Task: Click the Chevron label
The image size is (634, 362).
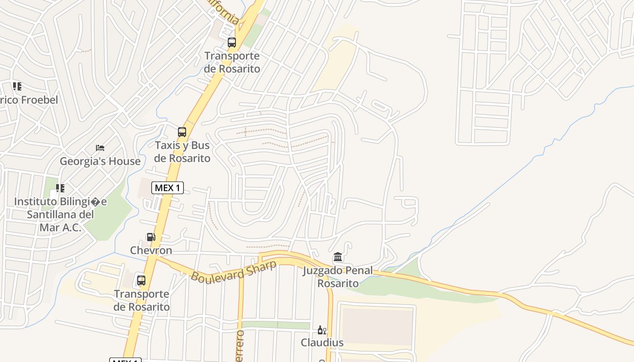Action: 151,250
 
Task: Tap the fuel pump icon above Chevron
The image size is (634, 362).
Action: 151,237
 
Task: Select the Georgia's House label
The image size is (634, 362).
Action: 100,161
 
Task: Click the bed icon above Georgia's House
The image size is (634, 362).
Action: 100,148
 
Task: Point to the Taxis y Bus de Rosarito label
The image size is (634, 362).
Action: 182,152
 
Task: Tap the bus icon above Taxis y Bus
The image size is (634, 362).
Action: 182,132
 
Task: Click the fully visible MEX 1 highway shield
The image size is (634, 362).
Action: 168,187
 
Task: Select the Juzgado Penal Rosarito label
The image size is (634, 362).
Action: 338,277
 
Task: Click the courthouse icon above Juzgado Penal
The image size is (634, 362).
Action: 338,257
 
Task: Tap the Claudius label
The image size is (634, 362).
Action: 322,343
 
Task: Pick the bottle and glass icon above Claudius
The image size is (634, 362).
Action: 322,330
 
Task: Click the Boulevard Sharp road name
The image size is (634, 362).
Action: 233,271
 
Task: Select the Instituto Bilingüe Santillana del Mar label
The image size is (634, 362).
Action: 60,214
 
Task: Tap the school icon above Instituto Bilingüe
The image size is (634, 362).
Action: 60,188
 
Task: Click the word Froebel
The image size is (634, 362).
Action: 39,100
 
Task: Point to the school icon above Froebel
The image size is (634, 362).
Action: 17,86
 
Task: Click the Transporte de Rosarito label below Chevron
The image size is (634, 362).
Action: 141,300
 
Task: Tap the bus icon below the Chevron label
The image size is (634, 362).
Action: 141,281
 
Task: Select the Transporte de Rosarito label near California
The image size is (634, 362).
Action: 232,62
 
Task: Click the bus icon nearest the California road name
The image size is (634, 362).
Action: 232,43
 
